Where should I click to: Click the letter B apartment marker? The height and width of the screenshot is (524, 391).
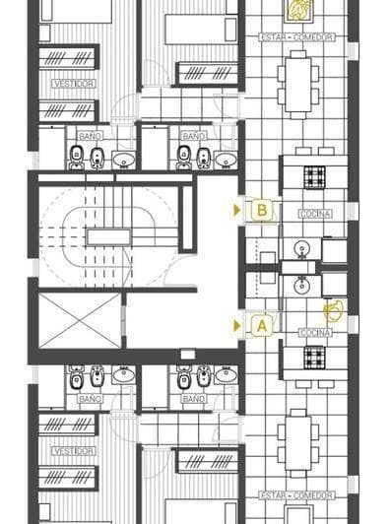click(x=262, y=209)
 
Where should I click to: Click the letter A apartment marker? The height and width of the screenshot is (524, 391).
click(x=262, y=324)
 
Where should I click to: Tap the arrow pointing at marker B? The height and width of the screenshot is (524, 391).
click(x=237, y=209)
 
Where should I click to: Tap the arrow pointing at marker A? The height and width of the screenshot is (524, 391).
click(x=237, y=324)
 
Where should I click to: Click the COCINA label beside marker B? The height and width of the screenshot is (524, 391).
click(x=315, y=214)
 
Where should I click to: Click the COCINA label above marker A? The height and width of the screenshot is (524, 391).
click(x=315, y=332)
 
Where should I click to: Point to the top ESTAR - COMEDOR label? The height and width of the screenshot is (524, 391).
click(x=296, y=37)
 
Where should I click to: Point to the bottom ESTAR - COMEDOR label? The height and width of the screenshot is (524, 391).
click(x=296, y=494)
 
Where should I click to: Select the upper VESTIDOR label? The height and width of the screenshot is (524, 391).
click(x=74, y=85)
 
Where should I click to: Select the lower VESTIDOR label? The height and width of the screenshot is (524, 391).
click(x=74, y=450)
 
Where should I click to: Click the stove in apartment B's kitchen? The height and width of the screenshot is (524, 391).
click(x=314, y=177)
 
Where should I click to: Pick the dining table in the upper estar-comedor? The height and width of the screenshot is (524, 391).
click(x=297, y=77)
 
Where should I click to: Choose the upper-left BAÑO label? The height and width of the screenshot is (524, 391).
click(x=90, y=135)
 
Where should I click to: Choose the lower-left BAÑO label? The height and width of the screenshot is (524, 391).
click(x=90, y=399)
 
